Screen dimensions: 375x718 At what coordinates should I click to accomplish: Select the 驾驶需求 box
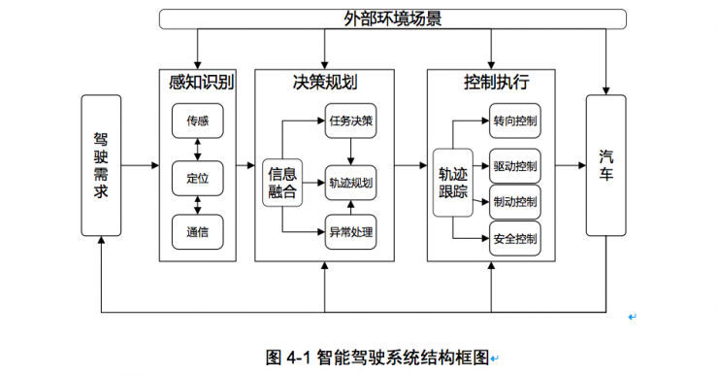[x=101, y=165]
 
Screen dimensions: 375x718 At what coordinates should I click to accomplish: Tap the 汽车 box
[x=605, y=165]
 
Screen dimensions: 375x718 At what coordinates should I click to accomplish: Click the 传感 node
[x=197, y=120]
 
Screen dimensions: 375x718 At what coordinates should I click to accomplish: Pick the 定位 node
[x=197, y=177]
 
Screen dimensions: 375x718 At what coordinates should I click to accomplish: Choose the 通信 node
[x=197, y=232]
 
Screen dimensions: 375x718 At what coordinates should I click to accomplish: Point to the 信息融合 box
[x=281, y=182]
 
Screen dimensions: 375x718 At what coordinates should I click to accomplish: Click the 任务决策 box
[x=350, y=121]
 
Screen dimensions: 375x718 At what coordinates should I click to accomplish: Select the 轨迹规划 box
[x=350, y=182]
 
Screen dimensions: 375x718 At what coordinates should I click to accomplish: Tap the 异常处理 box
[x=350, y=232]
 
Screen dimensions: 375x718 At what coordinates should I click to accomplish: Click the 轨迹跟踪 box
[x=452, y=182]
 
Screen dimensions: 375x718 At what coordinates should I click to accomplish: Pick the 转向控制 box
[x=515, y=121]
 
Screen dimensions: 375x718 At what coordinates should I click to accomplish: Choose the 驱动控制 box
[x=515, y=166]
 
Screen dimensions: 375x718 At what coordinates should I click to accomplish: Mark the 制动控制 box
[x=515, y=202]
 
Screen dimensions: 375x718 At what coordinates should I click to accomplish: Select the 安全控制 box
[x=515, y=238]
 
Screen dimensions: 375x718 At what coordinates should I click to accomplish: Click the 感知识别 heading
[x=197, y=83]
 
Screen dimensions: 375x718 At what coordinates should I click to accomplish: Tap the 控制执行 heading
[x=492, y=83]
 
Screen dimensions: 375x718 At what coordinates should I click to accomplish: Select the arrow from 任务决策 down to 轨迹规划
[x=350, y=151]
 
